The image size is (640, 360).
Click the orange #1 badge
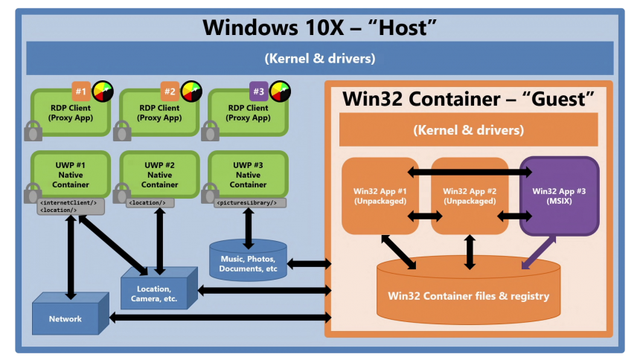[x=81, y=91]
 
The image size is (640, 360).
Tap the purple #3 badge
[x=258, y=91]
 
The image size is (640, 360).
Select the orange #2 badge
[x=170, y=91]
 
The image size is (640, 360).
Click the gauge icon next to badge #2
[x=191, y=91]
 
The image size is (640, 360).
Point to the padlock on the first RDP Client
[x=33, y=132]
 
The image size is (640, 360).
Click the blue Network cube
[x=65, y=319]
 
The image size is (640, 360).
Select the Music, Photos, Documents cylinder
[x=248, y=263]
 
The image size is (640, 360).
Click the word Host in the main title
[x=399, y=28]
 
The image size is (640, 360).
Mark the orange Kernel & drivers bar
[x=468, y=130]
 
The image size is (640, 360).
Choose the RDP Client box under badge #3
[x=248, y=113]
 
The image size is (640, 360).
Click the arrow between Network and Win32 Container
[x=220, y=318]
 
